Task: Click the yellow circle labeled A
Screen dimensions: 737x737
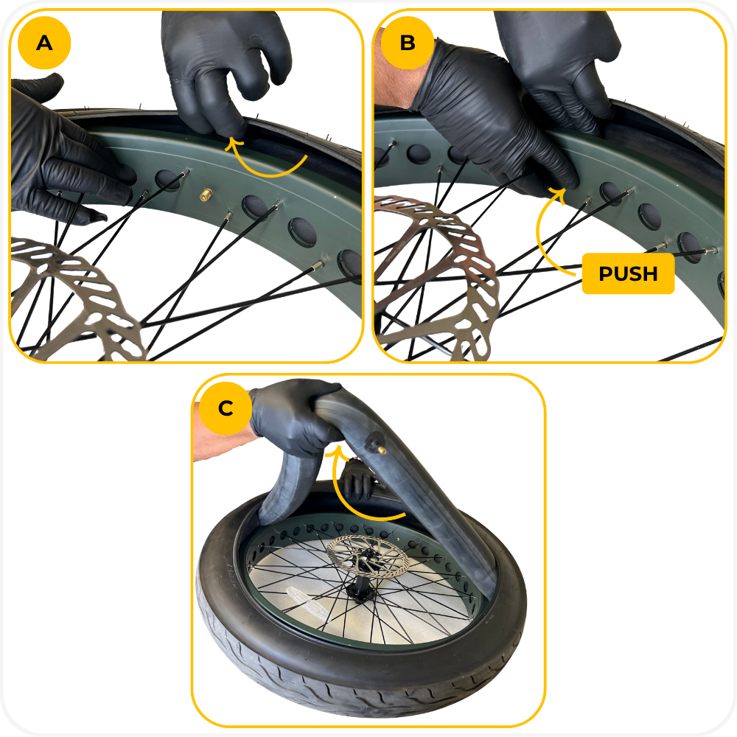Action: (44, 43)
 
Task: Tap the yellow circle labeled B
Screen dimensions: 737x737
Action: (407, 43)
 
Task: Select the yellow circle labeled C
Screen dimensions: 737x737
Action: (226, 408)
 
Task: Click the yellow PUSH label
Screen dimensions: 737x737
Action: (628, 273)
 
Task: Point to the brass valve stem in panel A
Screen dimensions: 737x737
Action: (206, 194)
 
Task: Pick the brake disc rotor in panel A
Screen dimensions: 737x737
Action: (71, 296)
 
